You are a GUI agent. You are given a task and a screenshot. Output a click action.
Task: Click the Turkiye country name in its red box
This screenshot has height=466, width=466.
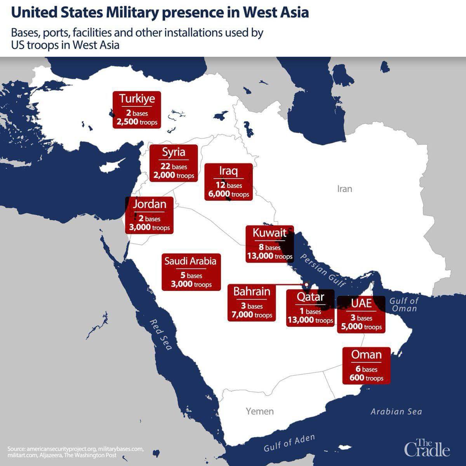137,99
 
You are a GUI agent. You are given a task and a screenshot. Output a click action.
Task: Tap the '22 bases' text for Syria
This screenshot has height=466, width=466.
174,167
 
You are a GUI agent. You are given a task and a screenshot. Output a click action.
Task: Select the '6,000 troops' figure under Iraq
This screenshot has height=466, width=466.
228,194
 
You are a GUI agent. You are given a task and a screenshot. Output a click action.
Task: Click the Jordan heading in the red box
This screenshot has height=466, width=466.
150,204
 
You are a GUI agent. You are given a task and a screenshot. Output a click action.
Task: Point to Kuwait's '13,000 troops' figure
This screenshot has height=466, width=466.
270,256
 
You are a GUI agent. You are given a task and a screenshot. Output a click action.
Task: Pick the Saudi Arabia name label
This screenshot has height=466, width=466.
190,261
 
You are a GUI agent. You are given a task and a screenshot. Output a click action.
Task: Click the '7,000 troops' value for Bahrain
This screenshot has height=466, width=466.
252,315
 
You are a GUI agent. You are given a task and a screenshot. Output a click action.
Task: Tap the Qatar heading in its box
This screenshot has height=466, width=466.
310,297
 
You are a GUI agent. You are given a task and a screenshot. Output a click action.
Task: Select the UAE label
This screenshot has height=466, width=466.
361,303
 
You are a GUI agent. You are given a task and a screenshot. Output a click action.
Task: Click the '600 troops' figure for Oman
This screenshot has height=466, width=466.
366,378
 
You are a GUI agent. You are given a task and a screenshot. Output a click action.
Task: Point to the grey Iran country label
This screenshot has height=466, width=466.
344,189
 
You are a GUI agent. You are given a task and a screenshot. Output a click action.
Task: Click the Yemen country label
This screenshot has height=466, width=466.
259,411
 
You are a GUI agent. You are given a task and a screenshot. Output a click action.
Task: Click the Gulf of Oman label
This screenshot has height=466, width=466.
404,304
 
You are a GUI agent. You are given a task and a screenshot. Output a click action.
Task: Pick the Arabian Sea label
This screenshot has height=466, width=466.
396,412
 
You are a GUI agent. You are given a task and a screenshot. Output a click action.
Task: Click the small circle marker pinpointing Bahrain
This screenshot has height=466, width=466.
307,285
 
